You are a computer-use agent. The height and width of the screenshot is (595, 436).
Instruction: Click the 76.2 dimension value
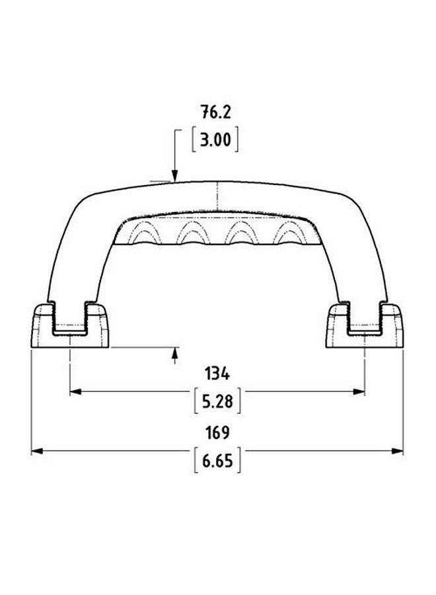click(216, 112)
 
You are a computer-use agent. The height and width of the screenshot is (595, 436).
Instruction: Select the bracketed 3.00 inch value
click(215, 140)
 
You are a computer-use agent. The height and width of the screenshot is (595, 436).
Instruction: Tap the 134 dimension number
click(217, 374)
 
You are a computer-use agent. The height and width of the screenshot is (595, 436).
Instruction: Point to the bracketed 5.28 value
click(217, 401)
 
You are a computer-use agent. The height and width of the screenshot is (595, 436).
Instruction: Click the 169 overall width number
click(217, 433)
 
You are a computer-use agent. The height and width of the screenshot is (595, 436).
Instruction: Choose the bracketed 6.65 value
click(217, 461)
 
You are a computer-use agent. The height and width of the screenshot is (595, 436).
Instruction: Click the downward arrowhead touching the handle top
click(174, 175)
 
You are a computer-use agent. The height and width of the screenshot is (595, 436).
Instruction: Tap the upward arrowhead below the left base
click(175, 352)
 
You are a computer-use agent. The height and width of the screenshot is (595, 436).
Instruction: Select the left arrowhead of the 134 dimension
click(76, 391)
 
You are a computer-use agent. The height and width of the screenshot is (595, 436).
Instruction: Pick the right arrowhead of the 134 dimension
click(359, 391)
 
